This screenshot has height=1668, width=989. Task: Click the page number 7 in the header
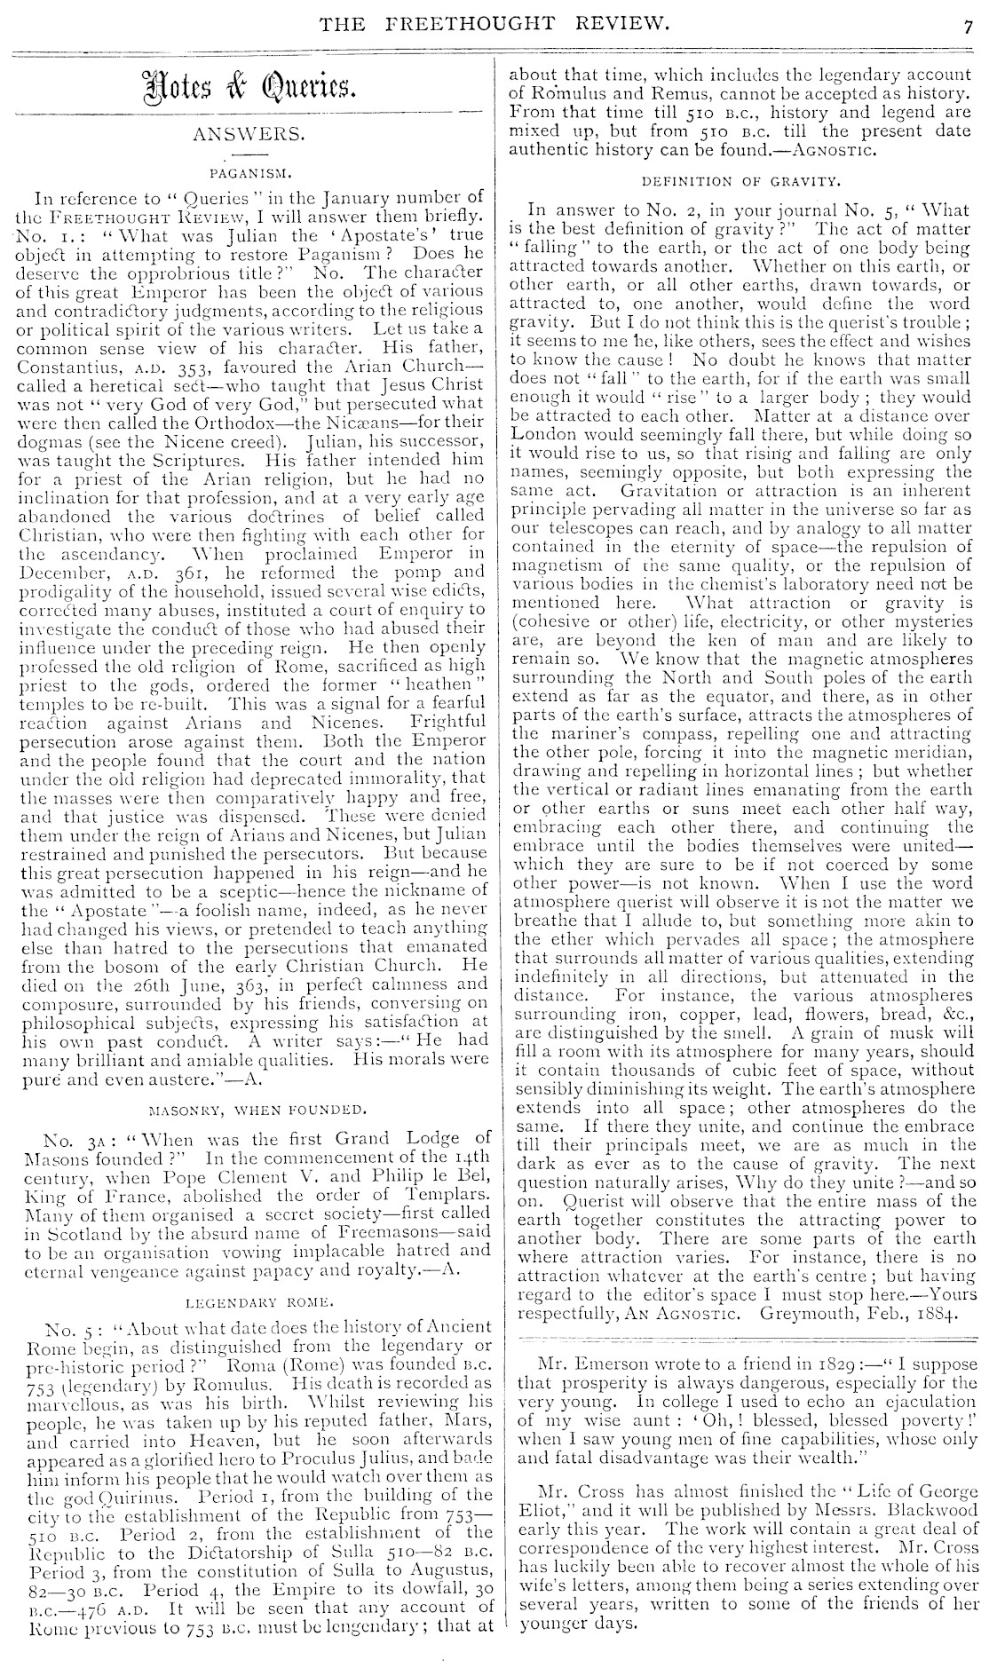pos(969,26)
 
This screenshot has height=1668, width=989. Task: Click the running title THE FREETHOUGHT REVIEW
pos(495,23)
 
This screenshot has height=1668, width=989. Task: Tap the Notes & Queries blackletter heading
pos(244,87)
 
